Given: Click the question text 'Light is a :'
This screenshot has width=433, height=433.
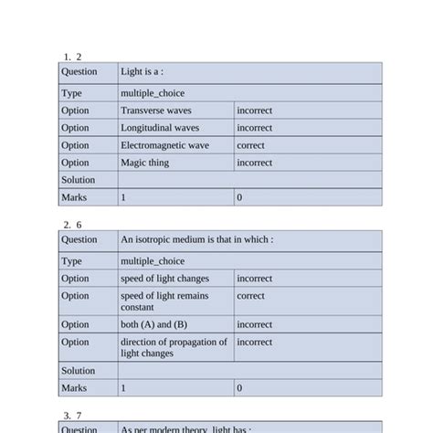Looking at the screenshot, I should click(x=142, y=71).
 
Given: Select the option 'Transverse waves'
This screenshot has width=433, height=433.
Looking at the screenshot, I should click(x=156, y=111).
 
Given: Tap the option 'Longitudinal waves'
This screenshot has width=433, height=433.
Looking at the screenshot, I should click(x=160, y=128).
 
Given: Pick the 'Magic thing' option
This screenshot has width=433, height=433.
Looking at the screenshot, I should click(x=145, y=163).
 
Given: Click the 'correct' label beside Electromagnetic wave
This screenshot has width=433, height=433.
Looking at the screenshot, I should click(x=250, y=145).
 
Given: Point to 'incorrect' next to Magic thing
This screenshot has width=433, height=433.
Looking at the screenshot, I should click(x=254, y=163).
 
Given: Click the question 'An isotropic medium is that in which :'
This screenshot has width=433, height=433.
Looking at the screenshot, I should click(x=196, y=239).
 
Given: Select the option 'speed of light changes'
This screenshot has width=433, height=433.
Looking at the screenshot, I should click(x=164, y=279).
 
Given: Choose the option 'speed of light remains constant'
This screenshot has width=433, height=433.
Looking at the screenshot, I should click(x=164, y=301).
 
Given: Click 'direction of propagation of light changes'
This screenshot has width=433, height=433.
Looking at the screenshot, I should click(x=174, y=347).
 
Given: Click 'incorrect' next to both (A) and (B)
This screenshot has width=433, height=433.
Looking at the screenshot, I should click(x=254, y=324).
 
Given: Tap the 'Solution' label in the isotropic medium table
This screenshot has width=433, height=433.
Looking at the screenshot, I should click(x=78, y=371).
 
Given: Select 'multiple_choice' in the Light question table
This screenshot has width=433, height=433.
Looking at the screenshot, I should click(x=152, y=93).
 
